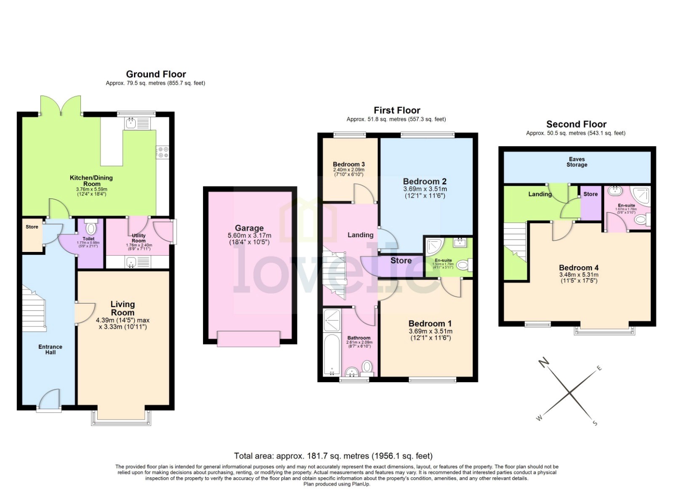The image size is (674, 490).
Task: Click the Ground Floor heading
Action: pyautogui.click(x=156, y=74)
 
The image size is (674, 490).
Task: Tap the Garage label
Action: pyautogui.click(x=249, y=228)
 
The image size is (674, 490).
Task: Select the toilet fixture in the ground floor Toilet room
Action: pyautogui.click(x=91, y=228)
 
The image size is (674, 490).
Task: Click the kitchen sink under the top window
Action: pyautogui.click(x=130, y=123)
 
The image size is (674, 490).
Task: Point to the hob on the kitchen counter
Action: pyautogui.click(x=163, y=152)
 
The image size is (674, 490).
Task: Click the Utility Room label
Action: pyautogui.click(x=139, y=238)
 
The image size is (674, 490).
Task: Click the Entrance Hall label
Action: pyautogui.click(x=50, y=349)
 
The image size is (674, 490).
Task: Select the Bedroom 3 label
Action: pyautogui.click(x=349, y=164)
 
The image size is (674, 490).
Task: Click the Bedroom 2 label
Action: pyautogui.click(x=425, y=182)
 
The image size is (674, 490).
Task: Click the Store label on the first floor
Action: pyautogui.click(x=401, y=261)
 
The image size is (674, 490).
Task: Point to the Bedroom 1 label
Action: pyautogui.click(x=430, y=324)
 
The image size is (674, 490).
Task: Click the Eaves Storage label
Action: pyautogui.click(x=577, y=162)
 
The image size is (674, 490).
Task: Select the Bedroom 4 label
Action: pyautogui.click(x=578, y=268)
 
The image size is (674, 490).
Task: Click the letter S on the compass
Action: pyautogui.click(x=595, y=423)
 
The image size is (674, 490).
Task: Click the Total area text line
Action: pyautogui.click(x=333, y=456)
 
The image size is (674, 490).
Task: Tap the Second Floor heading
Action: pyautogui.click(x=576, y=124)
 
